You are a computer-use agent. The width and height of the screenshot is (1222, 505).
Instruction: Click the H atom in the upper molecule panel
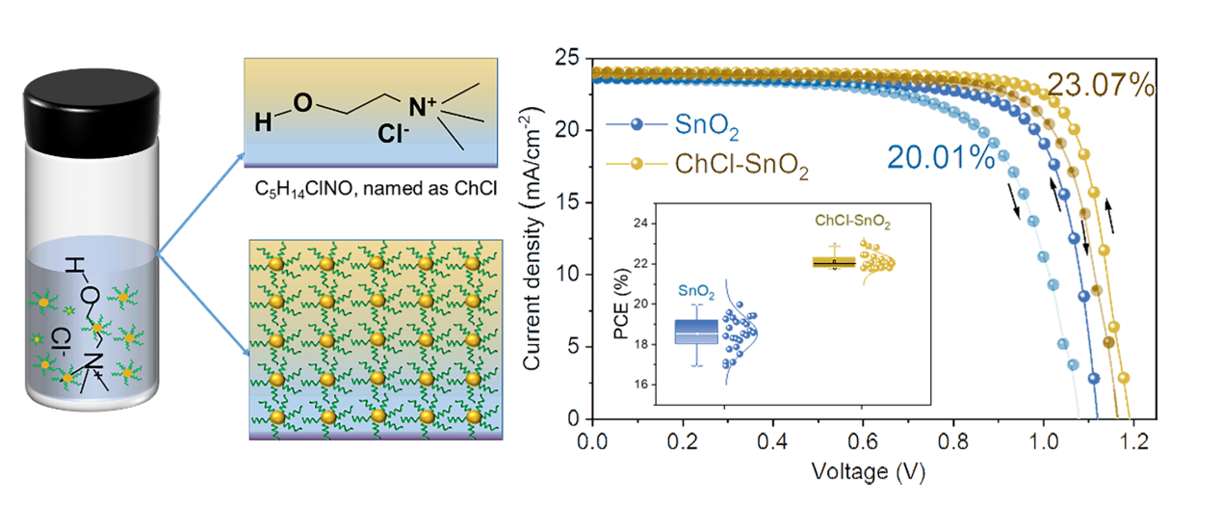coord(261,122)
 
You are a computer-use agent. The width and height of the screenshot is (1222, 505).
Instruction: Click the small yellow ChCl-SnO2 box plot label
coord(852,222)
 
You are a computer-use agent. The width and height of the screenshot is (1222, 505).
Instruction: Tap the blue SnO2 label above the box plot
coord(695,288)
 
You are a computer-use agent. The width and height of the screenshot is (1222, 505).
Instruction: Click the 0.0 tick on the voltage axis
coord(593,441)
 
